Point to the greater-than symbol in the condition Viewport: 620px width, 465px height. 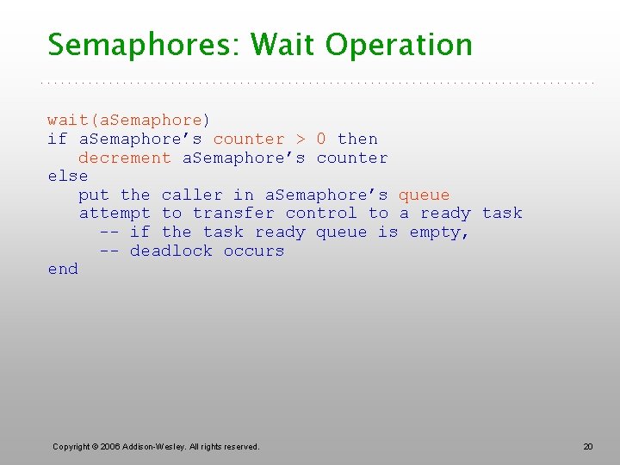pyautogui.click(x=301, y=139)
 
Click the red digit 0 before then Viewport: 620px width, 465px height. pyautogui.click(x=321, y=139)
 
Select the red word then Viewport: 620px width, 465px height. pyautogui.click(x=357, y=139)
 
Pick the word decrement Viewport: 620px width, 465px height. pyautogui.click(x=125, y=158)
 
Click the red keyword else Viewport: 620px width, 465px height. pyautogui.click(x=68, y=177)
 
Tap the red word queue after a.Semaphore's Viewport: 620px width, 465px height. pyautogui.click(x=424, y=195)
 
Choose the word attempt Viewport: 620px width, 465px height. pyautogui.click(x=115, y=214)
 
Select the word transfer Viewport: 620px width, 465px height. pyautogui.click(x=233, y=214)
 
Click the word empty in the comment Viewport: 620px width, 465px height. pyautogui.click(x=437, y=232)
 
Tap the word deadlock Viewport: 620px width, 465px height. pyautogui.click(x=171, y=251)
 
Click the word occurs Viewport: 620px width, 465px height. pyautogui.click(x=253, y=251)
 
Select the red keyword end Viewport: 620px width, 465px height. pyautogui.click(x=63, y=270)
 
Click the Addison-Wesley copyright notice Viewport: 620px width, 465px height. pyautogui.click(x=156, y=446)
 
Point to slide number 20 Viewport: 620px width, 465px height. pyautogui.click(x=588, y=446)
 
